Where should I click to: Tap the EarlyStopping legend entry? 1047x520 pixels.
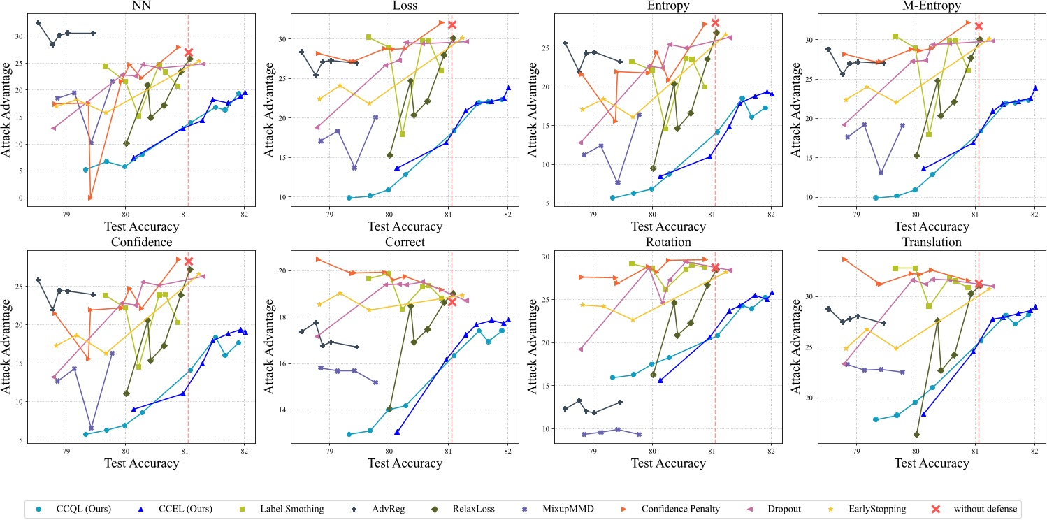coord(876,508)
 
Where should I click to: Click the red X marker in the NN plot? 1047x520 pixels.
coord(189,52)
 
